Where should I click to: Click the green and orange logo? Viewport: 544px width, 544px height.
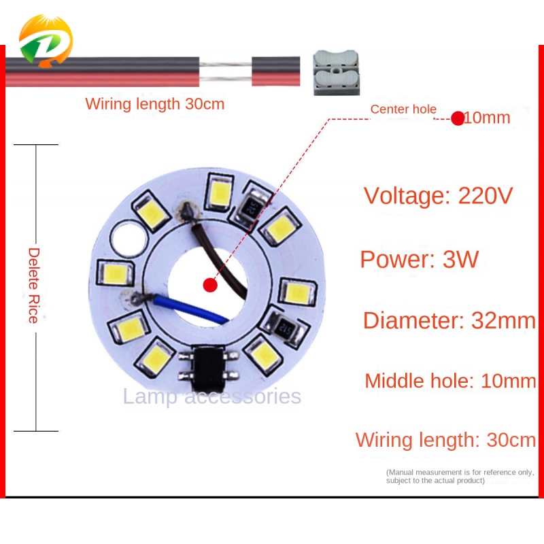pos(45,41)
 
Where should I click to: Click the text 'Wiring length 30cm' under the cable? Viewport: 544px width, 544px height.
pos(154,105)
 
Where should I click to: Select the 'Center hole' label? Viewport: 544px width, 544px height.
pos(403,109)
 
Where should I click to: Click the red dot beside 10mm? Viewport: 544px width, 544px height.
pos(458,118)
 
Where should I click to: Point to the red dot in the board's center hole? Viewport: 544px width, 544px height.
pos(210,285)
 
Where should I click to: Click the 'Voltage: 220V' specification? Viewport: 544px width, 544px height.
pos(438,196)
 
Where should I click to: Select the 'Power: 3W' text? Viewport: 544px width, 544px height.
pos(419,259)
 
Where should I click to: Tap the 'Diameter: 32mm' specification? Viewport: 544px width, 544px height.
pos(449,320)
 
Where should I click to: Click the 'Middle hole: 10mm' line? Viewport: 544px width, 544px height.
pos(450,381)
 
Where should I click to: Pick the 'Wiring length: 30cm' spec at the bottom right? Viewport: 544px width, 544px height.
pos(445,440)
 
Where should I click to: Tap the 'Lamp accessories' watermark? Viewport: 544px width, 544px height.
pos(211,396)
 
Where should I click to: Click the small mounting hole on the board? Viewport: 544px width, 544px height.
pos(127,237)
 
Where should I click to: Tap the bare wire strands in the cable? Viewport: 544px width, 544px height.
pos(226,71)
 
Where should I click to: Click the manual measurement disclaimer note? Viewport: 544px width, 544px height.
pos(460,476)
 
